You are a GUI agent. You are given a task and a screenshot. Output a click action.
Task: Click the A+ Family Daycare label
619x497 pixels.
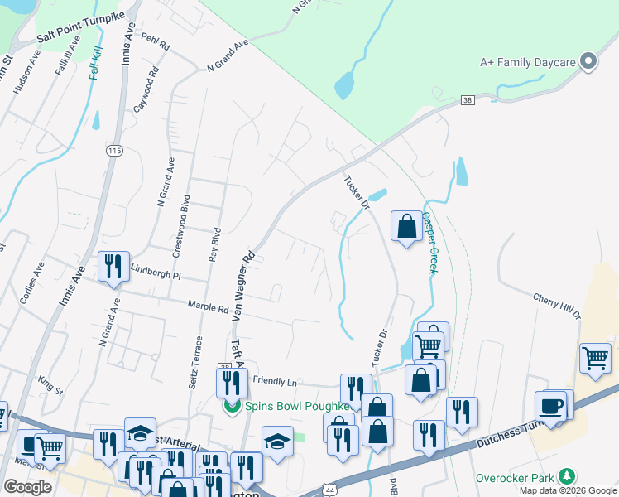click(x=527, y=62)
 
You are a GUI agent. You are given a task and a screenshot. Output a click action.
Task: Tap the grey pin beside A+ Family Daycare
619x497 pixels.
click(x=588, y=61)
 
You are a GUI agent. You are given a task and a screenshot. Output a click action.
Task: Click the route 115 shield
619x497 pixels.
click(x=114, y=150)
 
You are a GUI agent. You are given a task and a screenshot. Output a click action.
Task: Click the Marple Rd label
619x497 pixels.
click(x=207, y=306)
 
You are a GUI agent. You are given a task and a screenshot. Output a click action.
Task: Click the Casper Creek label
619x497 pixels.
click(x=429, y=242)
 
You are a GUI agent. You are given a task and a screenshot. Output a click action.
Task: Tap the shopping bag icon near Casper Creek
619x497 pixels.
click(x=406, y=226)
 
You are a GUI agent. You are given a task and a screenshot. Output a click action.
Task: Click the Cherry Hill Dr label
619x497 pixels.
click(x=557, y=306)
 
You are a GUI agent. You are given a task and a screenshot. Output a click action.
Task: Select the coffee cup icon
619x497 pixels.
click(x=552, y=406)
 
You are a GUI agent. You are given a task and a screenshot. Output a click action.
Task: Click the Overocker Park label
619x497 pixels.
click(x=516, y=478)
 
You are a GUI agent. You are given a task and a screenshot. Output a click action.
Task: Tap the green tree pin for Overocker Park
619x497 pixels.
click(x=567, y=477)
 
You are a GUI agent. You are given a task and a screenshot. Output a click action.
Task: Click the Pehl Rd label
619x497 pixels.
click(x=155, y=39)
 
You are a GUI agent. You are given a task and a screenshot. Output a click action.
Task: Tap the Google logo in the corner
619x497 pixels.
click(x=27, y=487)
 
